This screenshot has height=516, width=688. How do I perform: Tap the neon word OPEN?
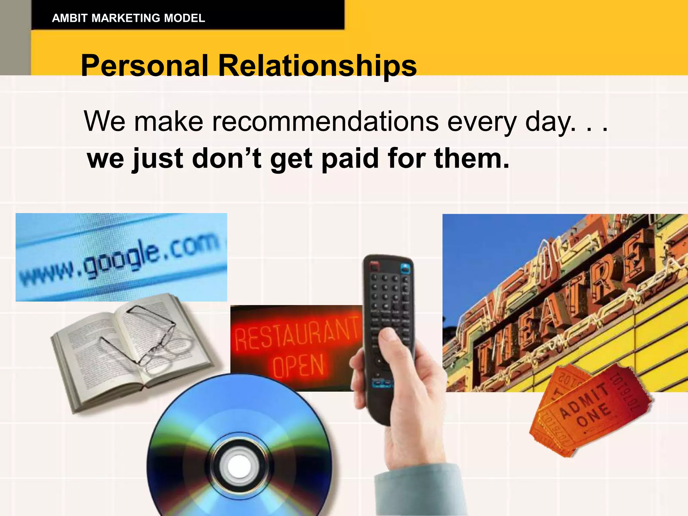coord(298,365)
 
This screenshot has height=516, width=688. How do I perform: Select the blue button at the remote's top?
coord(405,268)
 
